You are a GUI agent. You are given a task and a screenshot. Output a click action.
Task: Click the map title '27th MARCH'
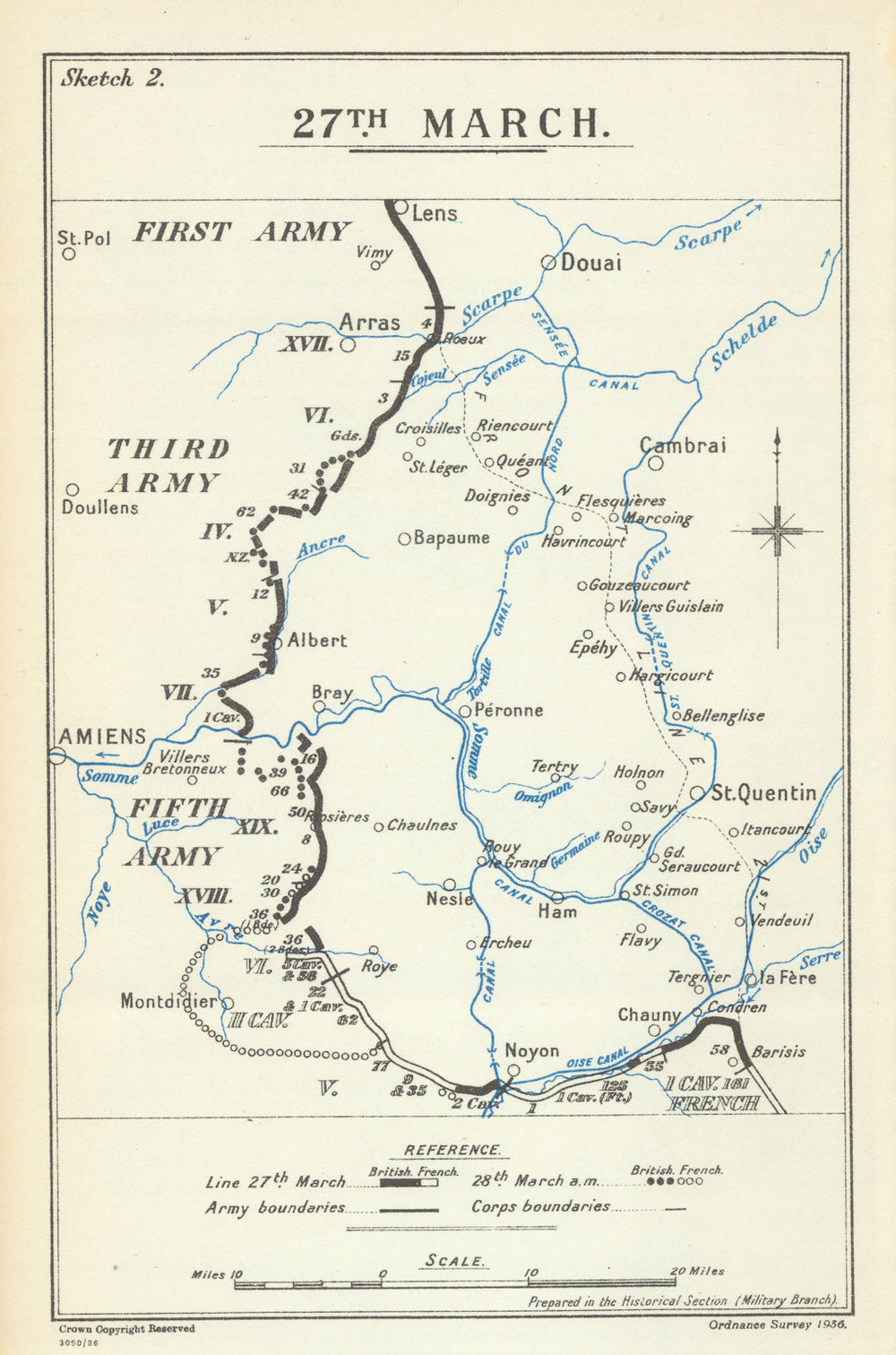pyautogui.click(x=445, y=124)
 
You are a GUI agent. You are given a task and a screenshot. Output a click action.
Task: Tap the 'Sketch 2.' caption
pyautogui.click(x=111, y=78)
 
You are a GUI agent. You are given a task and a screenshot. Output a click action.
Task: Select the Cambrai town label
pyautogui.click(x=683, y=445)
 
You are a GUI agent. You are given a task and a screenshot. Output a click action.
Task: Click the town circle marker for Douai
pyautogui.click(x=547, y=263)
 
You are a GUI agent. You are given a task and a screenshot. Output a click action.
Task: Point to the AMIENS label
pyautogui.click(x=101, y=736)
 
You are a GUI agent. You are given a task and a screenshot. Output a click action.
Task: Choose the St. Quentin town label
pyautogui.click(x=763, y=793)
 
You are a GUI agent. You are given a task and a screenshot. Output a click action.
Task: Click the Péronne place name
pyautogui.click(x=509, y=710)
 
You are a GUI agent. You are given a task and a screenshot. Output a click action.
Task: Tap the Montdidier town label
pyautogui.click(x=168, y=1001)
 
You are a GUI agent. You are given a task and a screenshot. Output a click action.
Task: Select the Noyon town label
pyautogui.click(x=531, y=1051)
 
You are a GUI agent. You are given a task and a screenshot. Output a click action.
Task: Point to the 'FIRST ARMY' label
pyautogui.click(x=240, y=232)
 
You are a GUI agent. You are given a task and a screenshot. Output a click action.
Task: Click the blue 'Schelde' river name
pyautogui.click(x=743, y=343)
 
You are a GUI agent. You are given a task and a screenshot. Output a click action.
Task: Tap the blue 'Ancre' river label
pyautogui.click(x=321, y=546)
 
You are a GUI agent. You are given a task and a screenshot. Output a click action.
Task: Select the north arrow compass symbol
pyautogui.click(x=777, y=531)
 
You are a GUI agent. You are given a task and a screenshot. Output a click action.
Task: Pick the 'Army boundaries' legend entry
pyautogui.click(x=274, y=1207)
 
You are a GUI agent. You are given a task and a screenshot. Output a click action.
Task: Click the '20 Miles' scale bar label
pyautogui.click(x=696, y=1271)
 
